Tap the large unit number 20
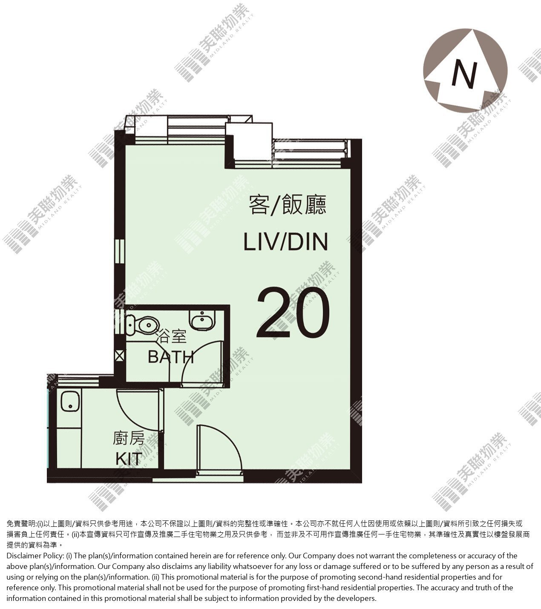click(x=293, y=313)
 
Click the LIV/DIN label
click(x=285, y=241)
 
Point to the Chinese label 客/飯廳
click(x=287, y=205)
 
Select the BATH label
click(x=170, y=357)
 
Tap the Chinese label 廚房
click(x=129, y=439)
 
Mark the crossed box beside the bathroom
click(x=120, y=356)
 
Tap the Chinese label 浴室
click(x=171, y=337)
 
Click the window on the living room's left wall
click(x=120, y=251)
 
